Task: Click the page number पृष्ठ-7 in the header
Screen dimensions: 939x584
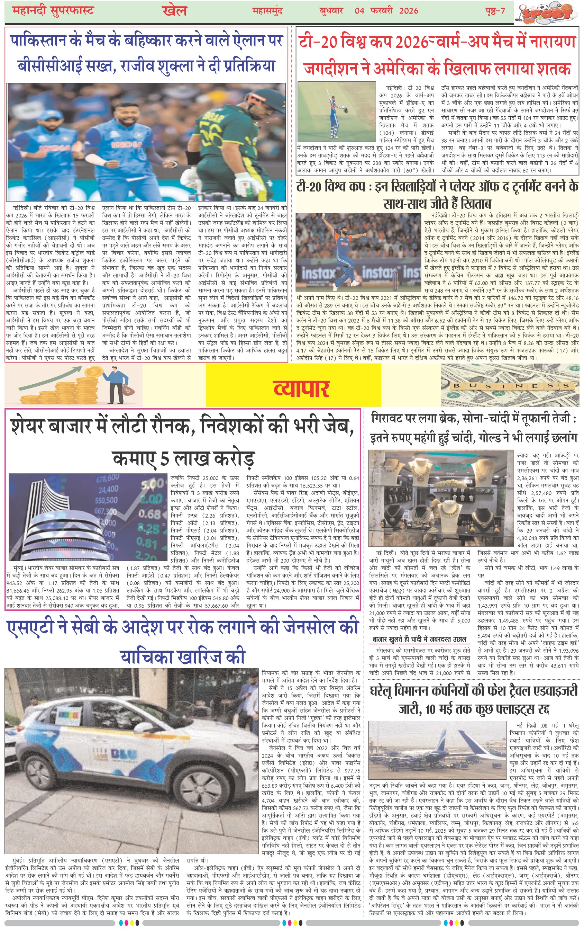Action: tap(495, 10)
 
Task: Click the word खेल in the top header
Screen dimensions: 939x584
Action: tap(175, 11)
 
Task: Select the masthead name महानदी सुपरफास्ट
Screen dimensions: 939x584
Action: tap(53, 10)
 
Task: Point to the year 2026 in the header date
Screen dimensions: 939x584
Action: tap(409, 10)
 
